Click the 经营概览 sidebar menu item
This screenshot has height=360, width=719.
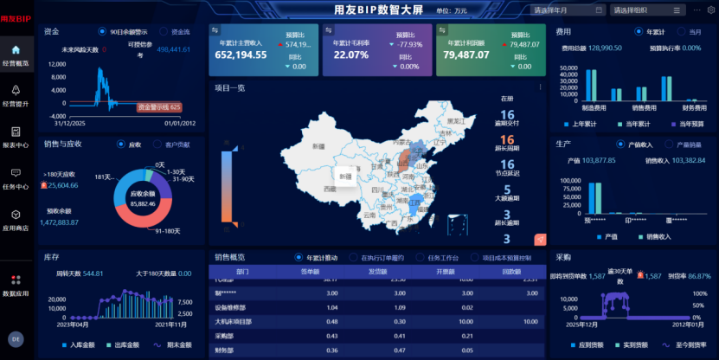pyautogui.click(x=16, y=55)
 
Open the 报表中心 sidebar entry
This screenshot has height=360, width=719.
pyautogui.click(x=16, y=137)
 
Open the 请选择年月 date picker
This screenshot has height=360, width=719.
pyautogui.click(x=568, y=10)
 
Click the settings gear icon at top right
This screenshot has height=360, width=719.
pyautogui.click(x=710, y=10)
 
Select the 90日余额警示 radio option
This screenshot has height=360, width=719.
pyautogui.click(x=102, y=31)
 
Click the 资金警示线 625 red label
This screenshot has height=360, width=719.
pyautogui.click(x=159, y=107)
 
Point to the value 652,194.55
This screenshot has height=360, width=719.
pyautogui.click(x=241, y=55)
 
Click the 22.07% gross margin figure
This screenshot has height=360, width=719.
pyautogui.click(x=350, y=55)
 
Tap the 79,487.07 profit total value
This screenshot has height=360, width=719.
pyautogui.click(x=466, y=55)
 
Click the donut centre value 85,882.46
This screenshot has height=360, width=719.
pyautogui.click(x=142, y=203)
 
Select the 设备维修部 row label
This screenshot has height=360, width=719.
pyautogui.click(x=224, y=307)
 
